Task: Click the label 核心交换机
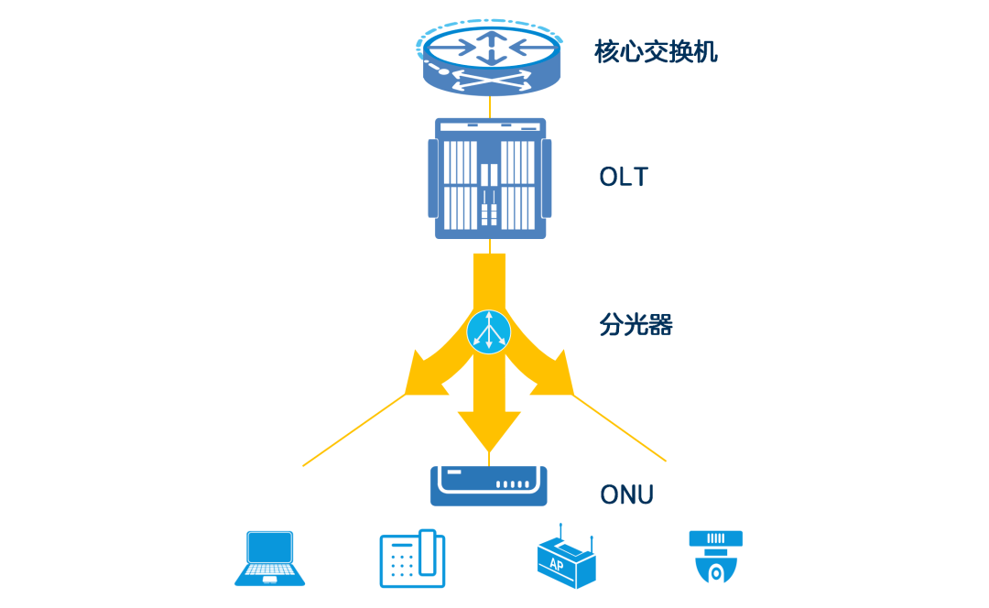pyautogui.click(x=656, y=51)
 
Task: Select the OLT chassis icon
pyautogui.click(x=490, y=179)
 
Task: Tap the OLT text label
pyautogui.click(x=624, y=177)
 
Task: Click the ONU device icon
pyautogui.click(x=489, y=485)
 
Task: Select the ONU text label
pyautogui.click(x=627, y=495)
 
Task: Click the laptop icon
pyautogui.click(x=270, y=559)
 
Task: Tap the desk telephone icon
pyautogui.click(x=412, y=559)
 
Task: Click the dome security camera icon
pyautogui.click(x=716, y=557)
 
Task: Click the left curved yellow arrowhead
pyautogui.click(x=423, y=374)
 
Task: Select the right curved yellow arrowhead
pyautogui.click(x=553, y=374)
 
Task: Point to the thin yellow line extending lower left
pyautogui.click(x=353, y=431)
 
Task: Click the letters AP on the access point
pyautogui.click(x=556, y=565)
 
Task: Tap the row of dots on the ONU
pyautogui.click(x=513, y=485)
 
